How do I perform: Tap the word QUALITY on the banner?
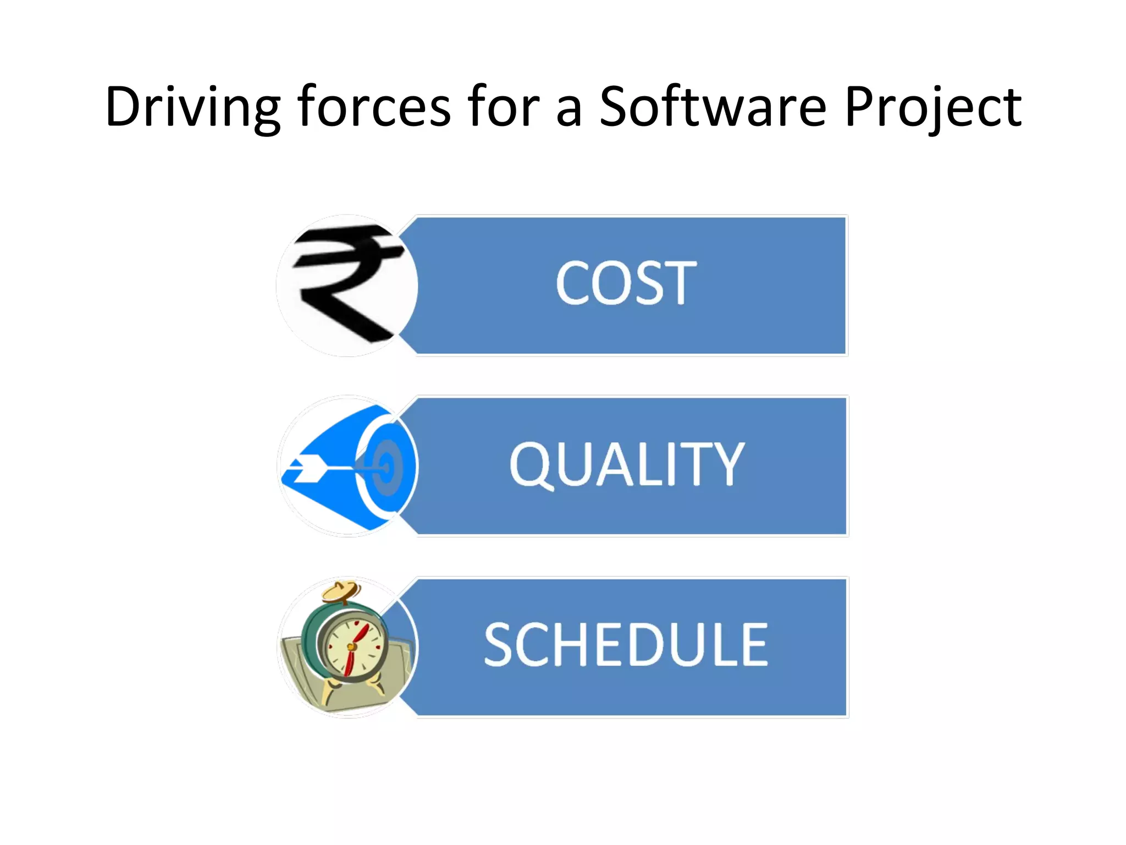tap(627, 465)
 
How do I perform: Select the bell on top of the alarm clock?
tap(341, 591)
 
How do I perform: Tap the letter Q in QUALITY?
tap(531, 466)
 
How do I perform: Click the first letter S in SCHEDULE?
tap(500, 645)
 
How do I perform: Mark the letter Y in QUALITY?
tap(727, 465)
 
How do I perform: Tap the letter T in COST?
tap(678, 283)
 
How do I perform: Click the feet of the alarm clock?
tap(352, 690)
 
